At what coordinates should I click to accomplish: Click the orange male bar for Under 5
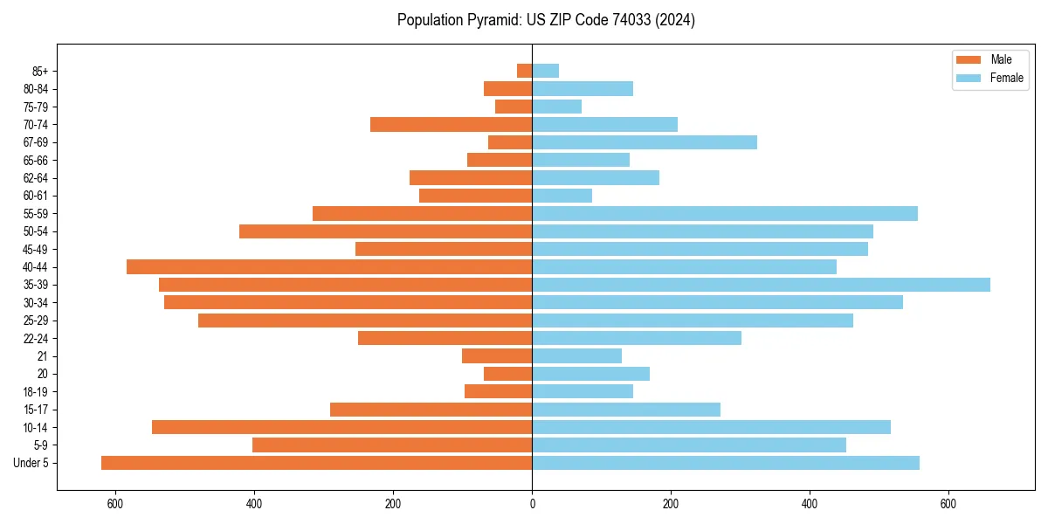[x=317, y=463]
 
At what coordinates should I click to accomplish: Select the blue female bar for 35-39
[x=761, y=285]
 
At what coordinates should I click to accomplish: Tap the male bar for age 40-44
[x=329, y=266]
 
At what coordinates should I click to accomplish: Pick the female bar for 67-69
[x=645, y=142]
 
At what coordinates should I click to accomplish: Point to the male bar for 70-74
[x=451, y=124]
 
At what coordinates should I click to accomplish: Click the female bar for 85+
[x=545, y=71]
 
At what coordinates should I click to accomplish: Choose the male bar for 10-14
[x=342, y=427]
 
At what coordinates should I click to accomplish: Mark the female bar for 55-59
[x=725, y=213]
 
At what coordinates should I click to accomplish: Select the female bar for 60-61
[x=562, y=196]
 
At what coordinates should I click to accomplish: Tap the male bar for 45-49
[x=444, y=249]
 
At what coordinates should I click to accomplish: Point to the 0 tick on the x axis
[x=532, y=504]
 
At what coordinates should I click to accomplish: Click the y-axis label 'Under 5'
[x=31, y=463]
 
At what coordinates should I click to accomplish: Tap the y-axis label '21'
[x=43, y=356]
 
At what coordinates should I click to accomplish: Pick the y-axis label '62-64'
[x=36, y=178]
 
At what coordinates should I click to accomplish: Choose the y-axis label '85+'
[x=38, y=71]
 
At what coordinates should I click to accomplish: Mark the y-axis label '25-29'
[x=36, y=321]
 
